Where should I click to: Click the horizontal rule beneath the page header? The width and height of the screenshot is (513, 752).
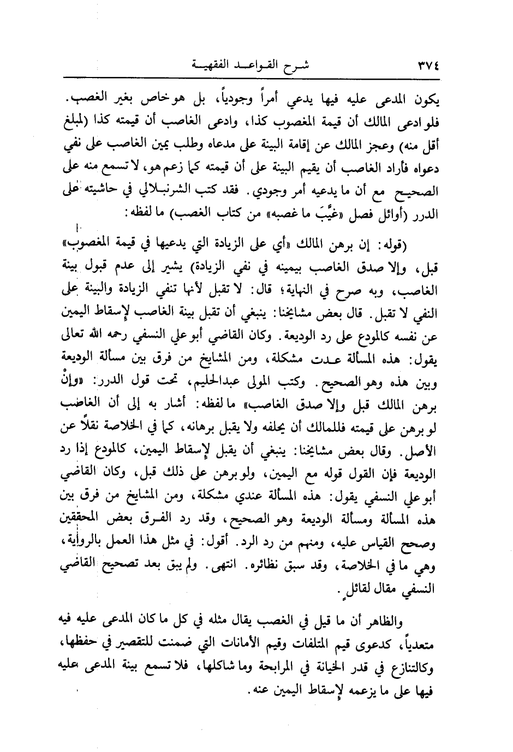[256, 76]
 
